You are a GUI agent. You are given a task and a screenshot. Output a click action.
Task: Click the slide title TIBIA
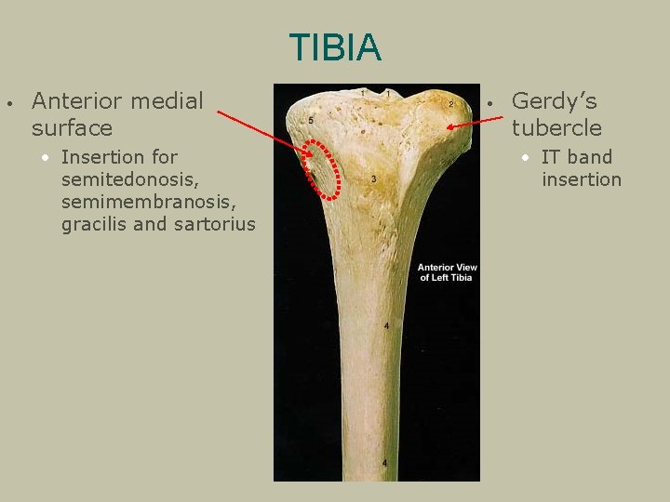point(335,47)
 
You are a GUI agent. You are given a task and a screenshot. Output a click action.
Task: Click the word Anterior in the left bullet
point(77,100)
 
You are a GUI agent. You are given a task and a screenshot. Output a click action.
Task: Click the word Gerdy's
point(555,100)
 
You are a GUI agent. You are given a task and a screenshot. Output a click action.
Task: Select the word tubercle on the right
point(556,127)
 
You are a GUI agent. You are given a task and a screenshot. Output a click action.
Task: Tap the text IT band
point(577,157)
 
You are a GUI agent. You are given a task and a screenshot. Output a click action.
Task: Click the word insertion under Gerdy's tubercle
point(582,179)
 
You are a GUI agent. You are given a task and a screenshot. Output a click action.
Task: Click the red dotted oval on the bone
point(322,169)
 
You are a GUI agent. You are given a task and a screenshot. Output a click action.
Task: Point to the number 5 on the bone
point(311,122)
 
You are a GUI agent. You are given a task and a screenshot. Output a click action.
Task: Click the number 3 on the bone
point(373,178)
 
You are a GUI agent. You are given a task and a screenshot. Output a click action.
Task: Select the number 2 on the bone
point(451,103)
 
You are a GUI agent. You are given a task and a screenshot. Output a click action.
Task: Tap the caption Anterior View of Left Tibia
point(447,272)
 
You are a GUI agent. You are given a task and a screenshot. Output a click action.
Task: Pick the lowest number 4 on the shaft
point(385,462)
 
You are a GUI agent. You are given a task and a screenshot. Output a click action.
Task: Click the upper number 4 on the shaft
point(387,326)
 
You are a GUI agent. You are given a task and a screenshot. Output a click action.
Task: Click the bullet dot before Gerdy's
point(490,101)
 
